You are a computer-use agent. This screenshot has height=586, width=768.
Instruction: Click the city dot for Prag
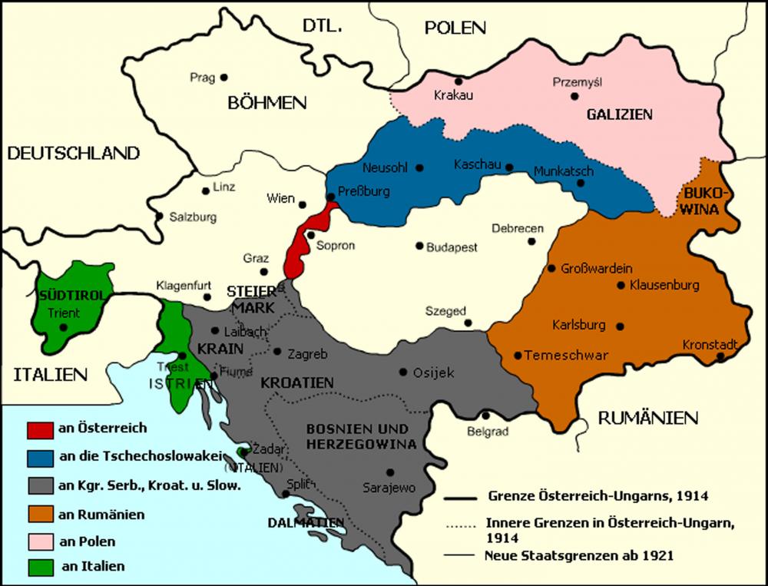point(224,77)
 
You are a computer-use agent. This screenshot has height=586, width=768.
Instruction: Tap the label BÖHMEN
point(266,103)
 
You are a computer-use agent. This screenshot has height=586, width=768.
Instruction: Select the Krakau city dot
point(458,81)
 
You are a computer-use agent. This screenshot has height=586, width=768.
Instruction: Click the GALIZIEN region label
point(619,114)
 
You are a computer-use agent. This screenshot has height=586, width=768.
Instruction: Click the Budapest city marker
point(419,246)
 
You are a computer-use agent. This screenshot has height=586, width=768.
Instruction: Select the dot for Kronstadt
point(720,357)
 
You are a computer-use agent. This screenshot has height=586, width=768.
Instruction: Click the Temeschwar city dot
point(518,356)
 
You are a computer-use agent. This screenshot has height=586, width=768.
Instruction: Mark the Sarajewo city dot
point(391,472)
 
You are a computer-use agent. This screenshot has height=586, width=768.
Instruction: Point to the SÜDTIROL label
point(63,296)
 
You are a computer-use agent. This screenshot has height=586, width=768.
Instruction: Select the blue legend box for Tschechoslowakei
point(40,456)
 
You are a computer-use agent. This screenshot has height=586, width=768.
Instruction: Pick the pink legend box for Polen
point(40,541)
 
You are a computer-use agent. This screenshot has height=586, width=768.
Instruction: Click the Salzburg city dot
point(159,216)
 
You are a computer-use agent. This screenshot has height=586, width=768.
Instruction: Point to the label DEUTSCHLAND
point(73,153)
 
